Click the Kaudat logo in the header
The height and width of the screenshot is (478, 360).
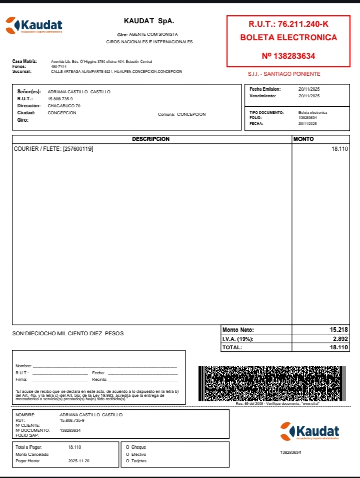34,25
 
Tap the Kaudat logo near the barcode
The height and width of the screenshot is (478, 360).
310,431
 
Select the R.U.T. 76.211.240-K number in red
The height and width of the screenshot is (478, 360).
288,24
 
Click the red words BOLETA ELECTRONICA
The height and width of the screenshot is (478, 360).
288,38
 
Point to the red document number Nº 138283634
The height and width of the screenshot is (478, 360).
288,56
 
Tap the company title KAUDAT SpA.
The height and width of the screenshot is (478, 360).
148,21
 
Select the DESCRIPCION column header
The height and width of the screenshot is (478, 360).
151,139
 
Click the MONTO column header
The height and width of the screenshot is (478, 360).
304,139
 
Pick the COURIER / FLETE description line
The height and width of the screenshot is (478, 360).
53,148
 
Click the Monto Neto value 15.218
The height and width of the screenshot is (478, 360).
339,330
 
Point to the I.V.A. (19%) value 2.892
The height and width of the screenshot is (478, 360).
341,339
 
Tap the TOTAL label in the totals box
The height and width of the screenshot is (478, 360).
232,347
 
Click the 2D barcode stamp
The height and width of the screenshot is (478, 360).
272,383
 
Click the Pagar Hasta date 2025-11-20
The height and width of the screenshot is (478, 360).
79,461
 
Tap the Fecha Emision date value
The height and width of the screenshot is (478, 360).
309,89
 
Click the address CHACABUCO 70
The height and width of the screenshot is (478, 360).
64,106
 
